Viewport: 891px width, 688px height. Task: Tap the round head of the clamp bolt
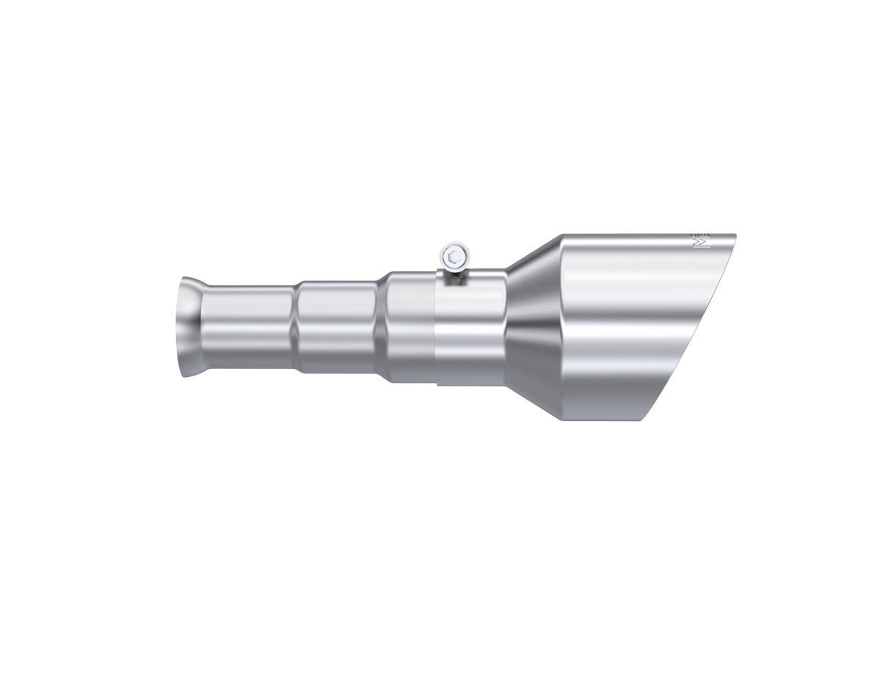[x=454, y=257]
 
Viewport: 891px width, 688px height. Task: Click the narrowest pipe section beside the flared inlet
[x=250, y=326]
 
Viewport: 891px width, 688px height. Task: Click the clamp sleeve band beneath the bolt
[x=470, y=330]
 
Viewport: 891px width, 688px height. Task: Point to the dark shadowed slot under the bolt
[x=454, y=278]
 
